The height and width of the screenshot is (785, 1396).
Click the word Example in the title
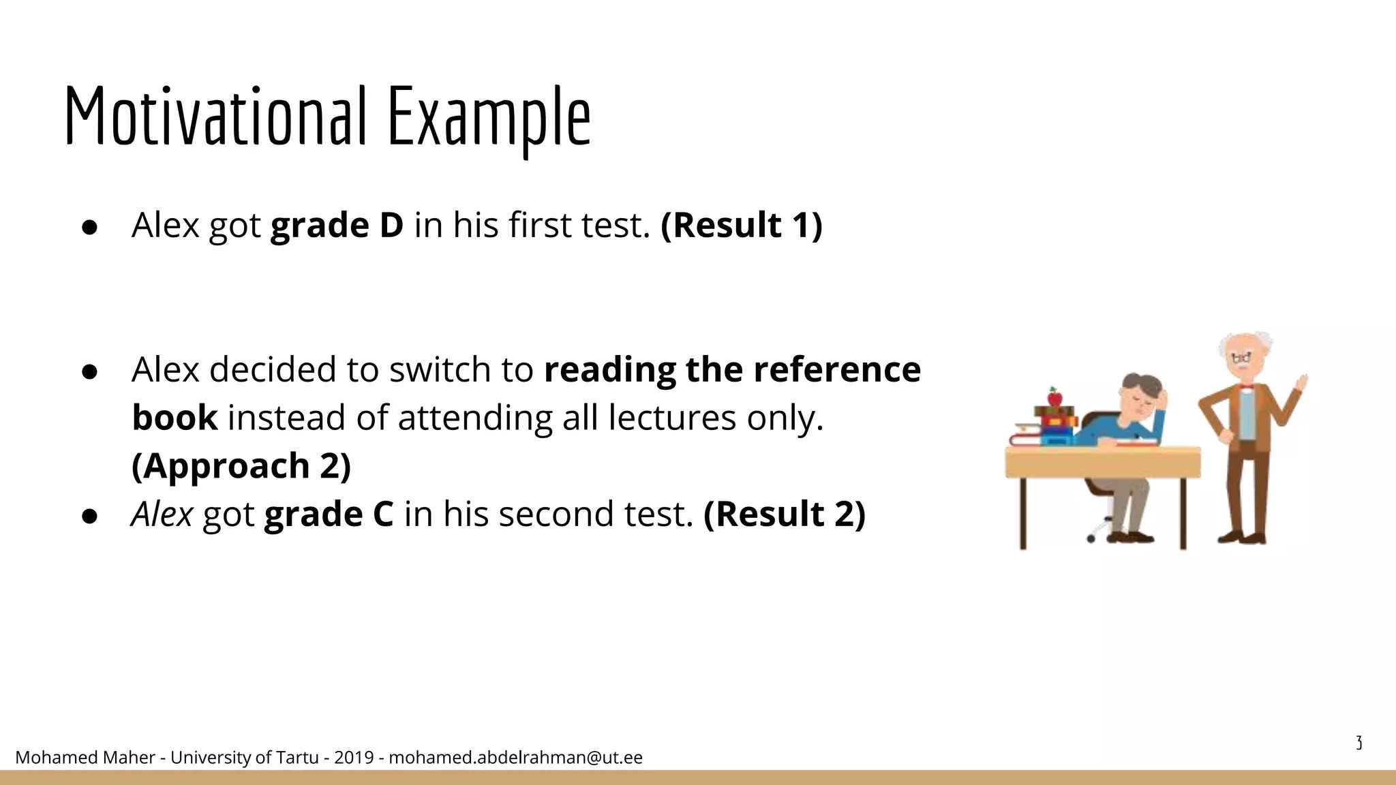(489, 117)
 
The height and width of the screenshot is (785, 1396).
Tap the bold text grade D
(337, 225)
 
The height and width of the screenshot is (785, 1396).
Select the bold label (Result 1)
(742, 225)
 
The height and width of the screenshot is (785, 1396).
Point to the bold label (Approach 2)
(241, 465)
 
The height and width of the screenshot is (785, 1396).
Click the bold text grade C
(329, 514)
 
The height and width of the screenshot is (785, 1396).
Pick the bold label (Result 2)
(785, 514)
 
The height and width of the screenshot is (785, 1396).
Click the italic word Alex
(162, 514)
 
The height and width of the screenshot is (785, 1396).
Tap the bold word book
(174, 418)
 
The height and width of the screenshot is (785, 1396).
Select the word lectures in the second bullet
(671, 418)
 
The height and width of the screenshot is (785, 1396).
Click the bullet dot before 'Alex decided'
(90, 371)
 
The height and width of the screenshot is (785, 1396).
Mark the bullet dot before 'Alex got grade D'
(90, 228)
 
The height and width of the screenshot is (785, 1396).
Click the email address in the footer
(515, 757)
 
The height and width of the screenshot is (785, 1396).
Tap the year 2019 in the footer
(354, 757)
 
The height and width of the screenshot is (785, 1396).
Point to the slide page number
(1359, 743)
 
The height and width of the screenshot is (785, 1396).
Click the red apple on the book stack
(1054, 397)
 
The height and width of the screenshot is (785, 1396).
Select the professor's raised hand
(1302, 383)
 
